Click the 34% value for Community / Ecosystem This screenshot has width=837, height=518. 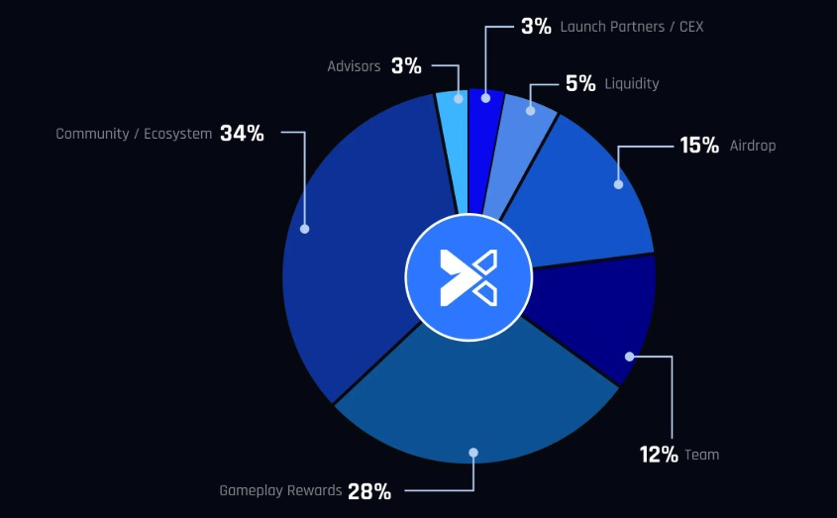click(x=242, y=133)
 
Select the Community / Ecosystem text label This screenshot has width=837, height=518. click(x=134, y=134)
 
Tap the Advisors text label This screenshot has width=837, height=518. click(x=354, y=66)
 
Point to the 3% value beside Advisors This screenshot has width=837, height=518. click(x=406, y=66)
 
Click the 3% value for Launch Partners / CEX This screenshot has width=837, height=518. click(x=536, y=27)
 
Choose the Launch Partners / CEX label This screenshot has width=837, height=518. click(x=632, y=27)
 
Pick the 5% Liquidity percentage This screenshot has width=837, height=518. click(x=580, y=84)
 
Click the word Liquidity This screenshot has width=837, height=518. click(x=631, y=84)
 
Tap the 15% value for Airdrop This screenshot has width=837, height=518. click(x=699, y=146)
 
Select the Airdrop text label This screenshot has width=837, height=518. click(x=753, y=146)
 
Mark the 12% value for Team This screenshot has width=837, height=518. click(x=659, y=455)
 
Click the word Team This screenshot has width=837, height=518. click(x=702, y=455)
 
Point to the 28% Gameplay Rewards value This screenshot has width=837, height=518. click(x=369, y=490)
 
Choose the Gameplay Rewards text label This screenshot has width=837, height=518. click(x=280, y=490)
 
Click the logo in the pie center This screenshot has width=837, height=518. click(x=469, y=276)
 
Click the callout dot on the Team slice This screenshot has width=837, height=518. click(x=629, y=357)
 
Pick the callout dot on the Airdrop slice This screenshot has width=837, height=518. click(x=618, y=184)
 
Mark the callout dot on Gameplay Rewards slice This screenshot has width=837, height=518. click(x=473, y=453)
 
